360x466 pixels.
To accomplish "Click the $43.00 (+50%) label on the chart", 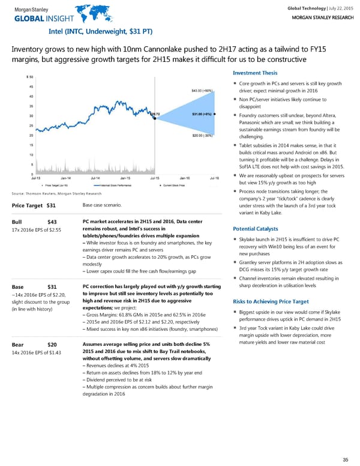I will [202, 91].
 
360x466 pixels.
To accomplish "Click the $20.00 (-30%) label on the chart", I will [203, 136].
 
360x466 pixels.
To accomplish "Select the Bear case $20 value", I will [52, 345].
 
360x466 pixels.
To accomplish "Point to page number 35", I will [344, 459].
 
